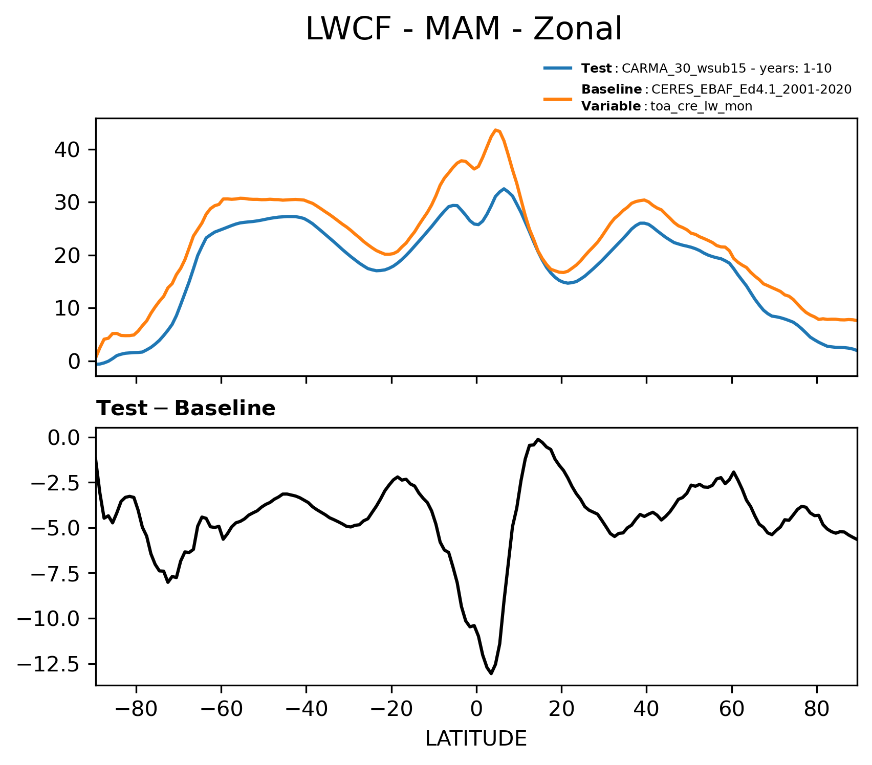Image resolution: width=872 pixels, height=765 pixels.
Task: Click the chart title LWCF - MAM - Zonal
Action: pyautogui.click(x=463, y=29)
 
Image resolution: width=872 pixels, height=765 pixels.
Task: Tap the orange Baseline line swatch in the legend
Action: pyautogui.click(x=557, y=98)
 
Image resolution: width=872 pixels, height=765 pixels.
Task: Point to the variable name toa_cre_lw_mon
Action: pyautogui.click(x=701, y=106)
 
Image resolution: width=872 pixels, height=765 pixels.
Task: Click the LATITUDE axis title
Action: pyautogui.click(x=476, y=738)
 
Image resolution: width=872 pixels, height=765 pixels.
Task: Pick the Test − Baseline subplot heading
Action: pyautogui.click(x=186, y=409)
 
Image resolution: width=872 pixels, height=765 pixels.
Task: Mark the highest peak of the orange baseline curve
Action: pyautogui.click(x=496, y=130)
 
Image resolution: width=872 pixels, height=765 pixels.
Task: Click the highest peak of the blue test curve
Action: pyautogui.click(x=504, y=189)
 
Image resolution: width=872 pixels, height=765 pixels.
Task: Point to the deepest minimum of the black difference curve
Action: pyautogui.click(x=491, y=673)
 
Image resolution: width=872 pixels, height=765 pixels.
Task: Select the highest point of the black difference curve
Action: pyautogui.click(x=538, y=439)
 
